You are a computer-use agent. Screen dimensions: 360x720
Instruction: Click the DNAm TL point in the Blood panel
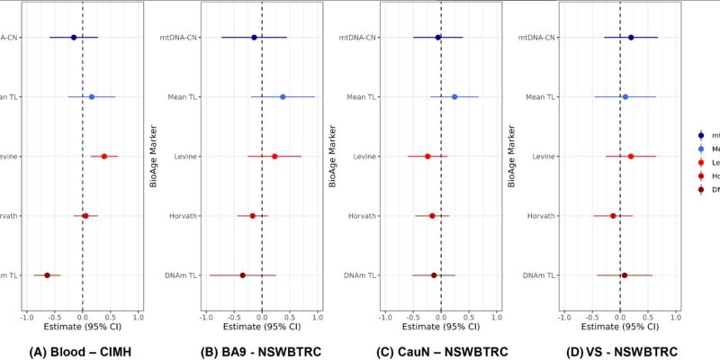[x=47, y=274]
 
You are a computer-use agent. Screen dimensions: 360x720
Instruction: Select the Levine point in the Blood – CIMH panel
[x=104, y=156]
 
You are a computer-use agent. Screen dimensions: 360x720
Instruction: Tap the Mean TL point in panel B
[x=283, y=96]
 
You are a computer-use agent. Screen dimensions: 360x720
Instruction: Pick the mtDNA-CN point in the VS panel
[x=631, y=37]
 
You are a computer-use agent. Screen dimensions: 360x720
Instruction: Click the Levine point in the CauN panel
[x=427, y=156]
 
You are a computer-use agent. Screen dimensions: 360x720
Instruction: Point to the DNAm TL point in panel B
[x=242, y=274]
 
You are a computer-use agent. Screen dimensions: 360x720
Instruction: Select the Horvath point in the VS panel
[x=613, y=215]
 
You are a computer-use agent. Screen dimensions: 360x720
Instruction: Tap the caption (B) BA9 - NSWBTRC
[x=260, y=351]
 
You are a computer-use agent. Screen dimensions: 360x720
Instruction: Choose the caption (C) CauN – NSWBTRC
[x=442, y=351]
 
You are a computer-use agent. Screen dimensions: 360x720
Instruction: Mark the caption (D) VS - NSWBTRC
[x=620, y=351]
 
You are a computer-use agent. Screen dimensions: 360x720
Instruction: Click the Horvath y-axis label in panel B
[x=183, y=216]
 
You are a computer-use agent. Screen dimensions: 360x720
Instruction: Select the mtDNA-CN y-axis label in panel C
[x=359, y=38]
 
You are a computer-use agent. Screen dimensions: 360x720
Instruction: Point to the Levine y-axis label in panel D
[x=543, y=157]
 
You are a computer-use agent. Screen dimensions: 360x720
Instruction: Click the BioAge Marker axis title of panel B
[x=152, y=156]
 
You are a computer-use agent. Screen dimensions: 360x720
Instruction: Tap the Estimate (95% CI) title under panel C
[x=440, y=328]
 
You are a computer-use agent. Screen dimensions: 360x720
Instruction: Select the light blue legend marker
[x=701, y=148]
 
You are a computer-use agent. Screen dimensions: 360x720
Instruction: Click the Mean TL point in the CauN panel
[x=454, y=96]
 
